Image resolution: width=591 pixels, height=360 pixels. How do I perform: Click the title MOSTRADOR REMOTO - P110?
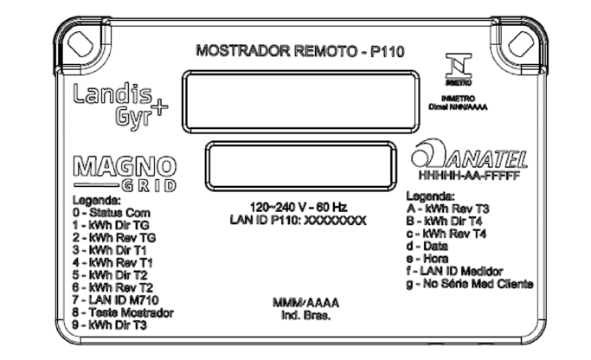click(x=300, y=51)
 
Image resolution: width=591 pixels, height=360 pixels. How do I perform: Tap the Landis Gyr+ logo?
click(x=120, y=106)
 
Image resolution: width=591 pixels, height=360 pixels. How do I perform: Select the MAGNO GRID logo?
click(x=125, y=174)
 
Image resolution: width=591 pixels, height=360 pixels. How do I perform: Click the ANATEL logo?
click(x=469, y=154)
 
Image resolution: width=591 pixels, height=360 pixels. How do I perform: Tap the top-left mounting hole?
click(x=80, y=44)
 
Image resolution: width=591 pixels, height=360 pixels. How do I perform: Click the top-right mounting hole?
click(x=521, y=44)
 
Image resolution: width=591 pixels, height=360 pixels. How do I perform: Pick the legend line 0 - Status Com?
click(x=112, y=213)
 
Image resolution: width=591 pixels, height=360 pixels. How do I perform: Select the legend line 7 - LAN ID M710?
click(x=115, y=300)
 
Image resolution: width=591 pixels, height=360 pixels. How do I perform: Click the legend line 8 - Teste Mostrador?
click(x=123, y=313)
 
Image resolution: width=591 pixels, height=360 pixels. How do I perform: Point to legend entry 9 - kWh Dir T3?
click(x=109, y=325)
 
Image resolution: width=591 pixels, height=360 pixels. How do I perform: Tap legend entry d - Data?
click(x=427, y=246)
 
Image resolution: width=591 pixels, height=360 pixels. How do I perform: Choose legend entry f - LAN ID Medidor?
click(x=454, y=271)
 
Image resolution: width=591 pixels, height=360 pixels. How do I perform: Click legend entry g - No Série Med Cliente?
click(x=470, y=284)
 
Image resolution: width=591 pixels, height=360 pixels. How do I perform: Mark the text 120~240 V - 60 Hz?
click(x=299, y=207)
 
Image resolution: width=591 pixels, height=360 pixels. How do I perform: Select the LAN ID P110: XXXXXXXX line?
click(x=299, y=220)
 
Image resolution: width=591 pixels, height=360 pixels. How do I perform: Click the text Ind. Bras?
click(x=305, y=315)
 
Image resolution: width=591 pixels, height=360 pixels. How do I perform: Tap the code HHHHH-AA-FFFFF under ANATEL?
click(x=469, y=176)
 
